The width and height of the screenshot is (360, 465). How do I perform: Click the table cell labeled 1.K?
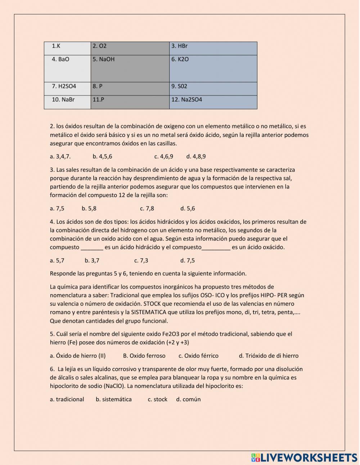tap(67, 48)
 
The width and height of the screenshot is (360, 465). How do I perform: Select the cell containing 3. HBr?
tap(213, 48)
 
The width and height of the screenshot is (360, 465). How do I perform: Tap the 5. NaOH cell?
tap(130, 68)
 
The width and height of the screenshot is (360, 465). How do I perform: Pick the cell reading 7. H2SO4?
tap(67, 89)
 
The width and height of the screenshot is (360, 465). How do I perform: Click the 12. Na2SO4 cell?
tap(213, 102)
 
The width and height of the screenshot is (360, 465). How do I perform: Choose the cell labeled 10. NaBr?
tap(67, 102)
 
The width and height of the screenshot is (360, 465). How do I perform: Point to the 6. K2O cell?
tap(213, 68)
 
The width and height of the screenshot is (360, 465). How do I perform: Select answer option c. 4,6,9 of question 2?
tap(164, 156)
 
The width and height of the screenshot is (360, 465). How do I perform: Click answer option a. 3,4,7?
tap(60, 156)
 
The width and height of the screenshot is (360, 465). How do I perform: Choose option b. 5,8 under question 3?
tap(89, 208)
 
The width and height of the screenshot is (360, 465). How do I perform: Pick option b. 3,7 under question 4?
tap(92, 260)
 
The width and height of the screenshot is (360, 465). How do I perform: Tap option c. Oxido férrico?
tap(198, 356)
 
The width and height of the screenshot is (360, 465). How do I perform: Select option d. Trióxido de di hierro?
tap(269, 356)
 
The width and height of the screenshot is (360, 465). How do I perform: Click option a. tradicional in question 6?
tap(67, 399)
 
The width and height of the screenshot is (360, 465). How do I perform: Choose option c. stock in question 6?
tap(158, 399)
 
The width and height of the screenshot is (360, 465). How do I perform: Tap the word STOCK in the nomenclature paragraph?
tap(152, 304)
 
